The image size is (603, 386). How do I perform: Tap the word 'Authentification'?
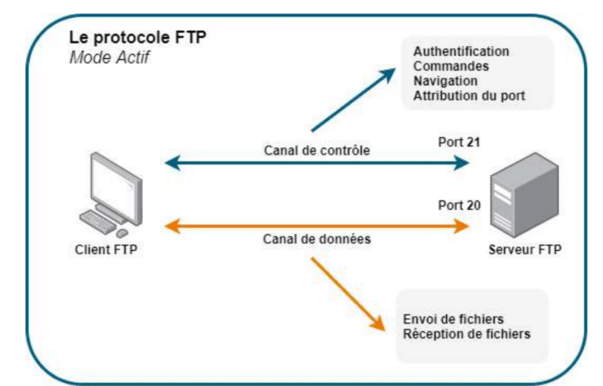(461, 51)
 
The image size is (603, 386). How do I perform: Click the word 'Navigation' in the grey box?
(445, 81)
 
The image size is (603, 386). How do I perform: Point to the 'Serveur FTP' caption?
(524, 250)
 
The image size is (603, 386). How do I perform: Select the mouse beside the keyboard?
(122, 233)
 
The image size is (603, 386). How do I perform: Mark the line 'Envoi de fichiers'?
(453, 319)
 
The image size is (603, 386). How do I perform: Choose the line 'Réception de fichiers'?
(466, 334)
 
